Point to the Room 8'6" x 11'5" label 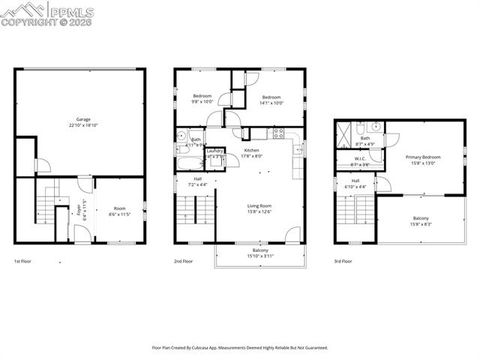pyautogui.click(x=119, y=211)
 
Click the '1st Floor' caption pyautogui.click(x=22, y=260)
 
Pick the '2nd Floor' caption pyautogui.click(x=183, y=260)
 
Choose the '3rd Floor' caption pyautogui.click(x=344, y=260)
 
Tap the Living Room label pyautogui.click(x=260, y=208)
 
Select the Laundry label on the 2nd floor pyautogui.click(x=214, y=154)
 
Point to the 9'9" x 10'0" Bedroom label pyautogui.click(x=202, y=99)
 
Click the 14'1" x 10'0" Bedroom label pyautogui.click(x=272, y=99)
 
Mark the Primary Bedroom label pyautogui.click(x=423, y=161)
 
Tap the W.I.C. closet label pyautogui.click(x=361, y=162)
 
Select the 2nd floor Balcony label pyautogui.click(x=260, y=254)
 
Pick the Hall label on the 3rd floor pyautogui.click(x=355, y=185)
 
